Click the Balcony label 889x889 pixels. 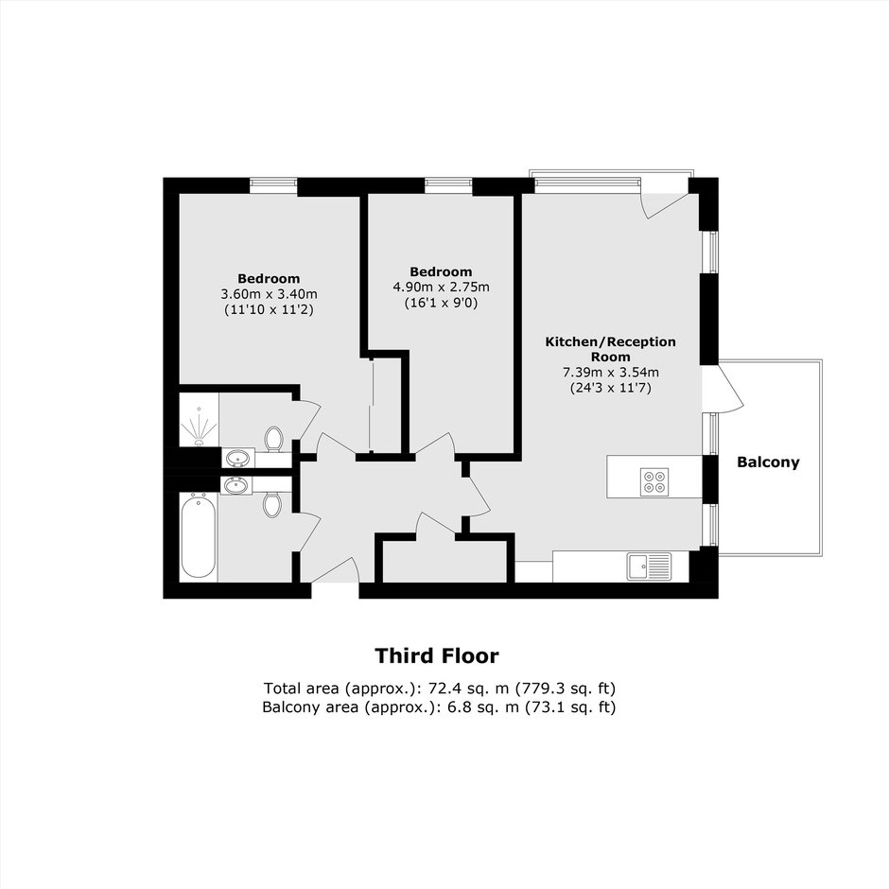coord(768,462)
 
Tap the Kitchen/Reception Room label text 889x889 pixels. coord(611,349)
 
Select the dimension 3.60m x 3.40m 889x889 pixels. coord(269,294)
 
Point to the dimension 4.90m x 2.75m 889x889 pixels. coord(441,288)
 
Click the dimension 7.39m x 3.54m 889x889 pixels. coord(611,373)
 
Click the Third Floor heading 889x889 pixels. coord(437,656)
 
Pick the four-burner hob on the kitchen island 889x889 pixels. coord(654,482)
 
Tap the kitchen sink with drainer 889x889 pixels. coord(649,567)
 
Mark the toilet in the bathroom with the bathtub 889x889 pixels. coord(272,504)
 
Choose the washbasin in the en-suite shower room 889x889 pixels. coord(237,457)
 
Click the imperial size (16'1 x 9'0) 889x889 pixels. coord(441,303)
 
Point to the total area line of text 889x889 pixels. coord(440,689)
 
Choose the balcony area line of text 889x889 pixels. coord(439,707)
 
